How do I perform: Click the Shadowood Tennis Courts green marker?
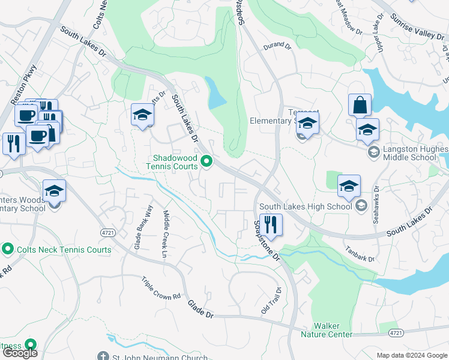[207, 161]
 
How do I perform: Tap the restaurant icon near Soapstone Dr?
[271, 224]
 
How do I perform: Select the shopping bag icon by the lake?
[360, 106]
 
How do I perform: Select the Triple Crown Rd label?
[161, 289]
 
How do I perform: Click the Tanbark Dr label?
[360, 253]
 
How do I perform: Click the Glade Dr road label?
[200, 309]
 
